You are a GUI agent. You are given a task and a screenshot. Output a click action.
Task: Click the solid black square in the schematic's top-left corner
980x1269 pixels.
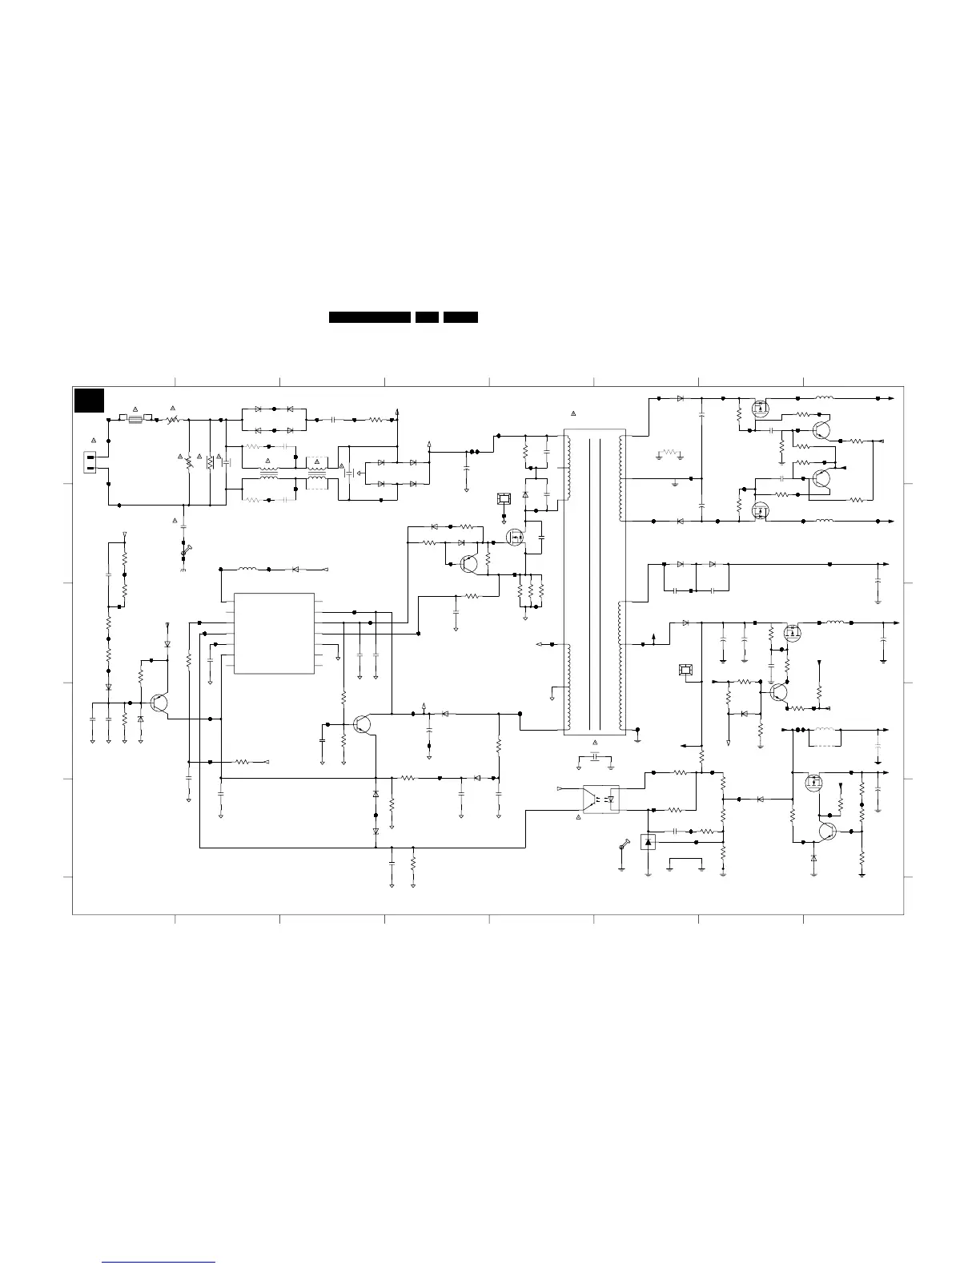pyautogui.click(x=89, y=400)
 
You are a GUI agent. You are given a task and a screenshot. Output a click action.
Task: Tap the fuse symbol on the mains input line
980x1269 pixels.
pyautogui.click(x=135, y=418)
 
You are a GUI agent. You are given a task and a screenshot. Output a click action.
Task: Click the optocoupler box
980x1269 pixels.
pyautogui.click(x=601, y=799)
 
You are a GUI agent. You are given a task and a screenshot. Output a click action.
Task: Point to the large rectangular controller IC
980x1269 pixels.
pyautogui.click(x=274, y=633)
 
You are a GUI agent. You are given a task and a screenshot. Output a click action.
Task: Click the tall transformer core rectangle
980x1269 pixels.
pyautogui.click(x=595, y=582)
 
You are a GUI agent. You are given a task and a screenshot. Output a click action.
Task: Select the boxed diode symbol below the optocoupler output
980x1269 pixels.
pyautogui.click(x=649, y=842)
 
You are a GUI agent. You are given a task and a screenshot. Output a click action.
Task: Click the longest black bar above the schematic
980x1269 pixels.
pyautogui.click(x=370, y=317)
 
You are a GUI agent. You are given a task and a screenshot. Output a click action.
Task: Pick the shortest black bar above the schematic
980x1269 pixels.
pyautogui.click(x=427, y=317)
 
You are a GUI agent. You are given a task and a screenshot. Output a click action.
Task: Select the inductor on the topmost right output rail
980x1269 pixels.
pyautogui.click(x=825, y=397)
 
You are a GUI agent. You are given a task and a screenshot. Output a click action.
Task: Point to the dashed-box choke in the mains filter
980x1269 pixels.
pyautogui.click(x=318, y=478)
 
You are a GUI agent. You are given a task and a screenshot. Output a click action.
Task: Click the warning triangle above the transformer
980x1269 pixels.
pyautogui.click(x=573, y=413)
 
